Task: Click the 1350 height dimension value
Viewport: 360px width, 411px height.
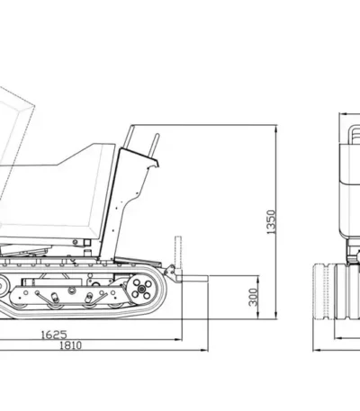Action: (271, 222)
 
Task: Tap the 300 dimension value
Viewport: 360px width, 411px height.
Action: (254, 298)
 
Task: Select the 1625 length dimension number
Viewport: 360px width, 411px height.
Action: (54, 335)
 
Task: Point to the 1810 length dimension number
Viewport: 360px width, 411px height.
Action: (71, 345)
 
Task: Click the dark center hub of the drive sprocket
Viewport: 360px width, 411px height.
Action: (141, 289)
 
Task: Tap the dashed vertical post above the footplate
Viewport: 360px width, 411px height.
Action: (178, 253)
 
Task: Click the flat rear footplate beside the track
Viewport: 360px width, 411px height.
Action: (192, 279)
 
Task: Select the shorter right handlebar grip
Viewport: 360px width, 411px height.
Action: (155, 146)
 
